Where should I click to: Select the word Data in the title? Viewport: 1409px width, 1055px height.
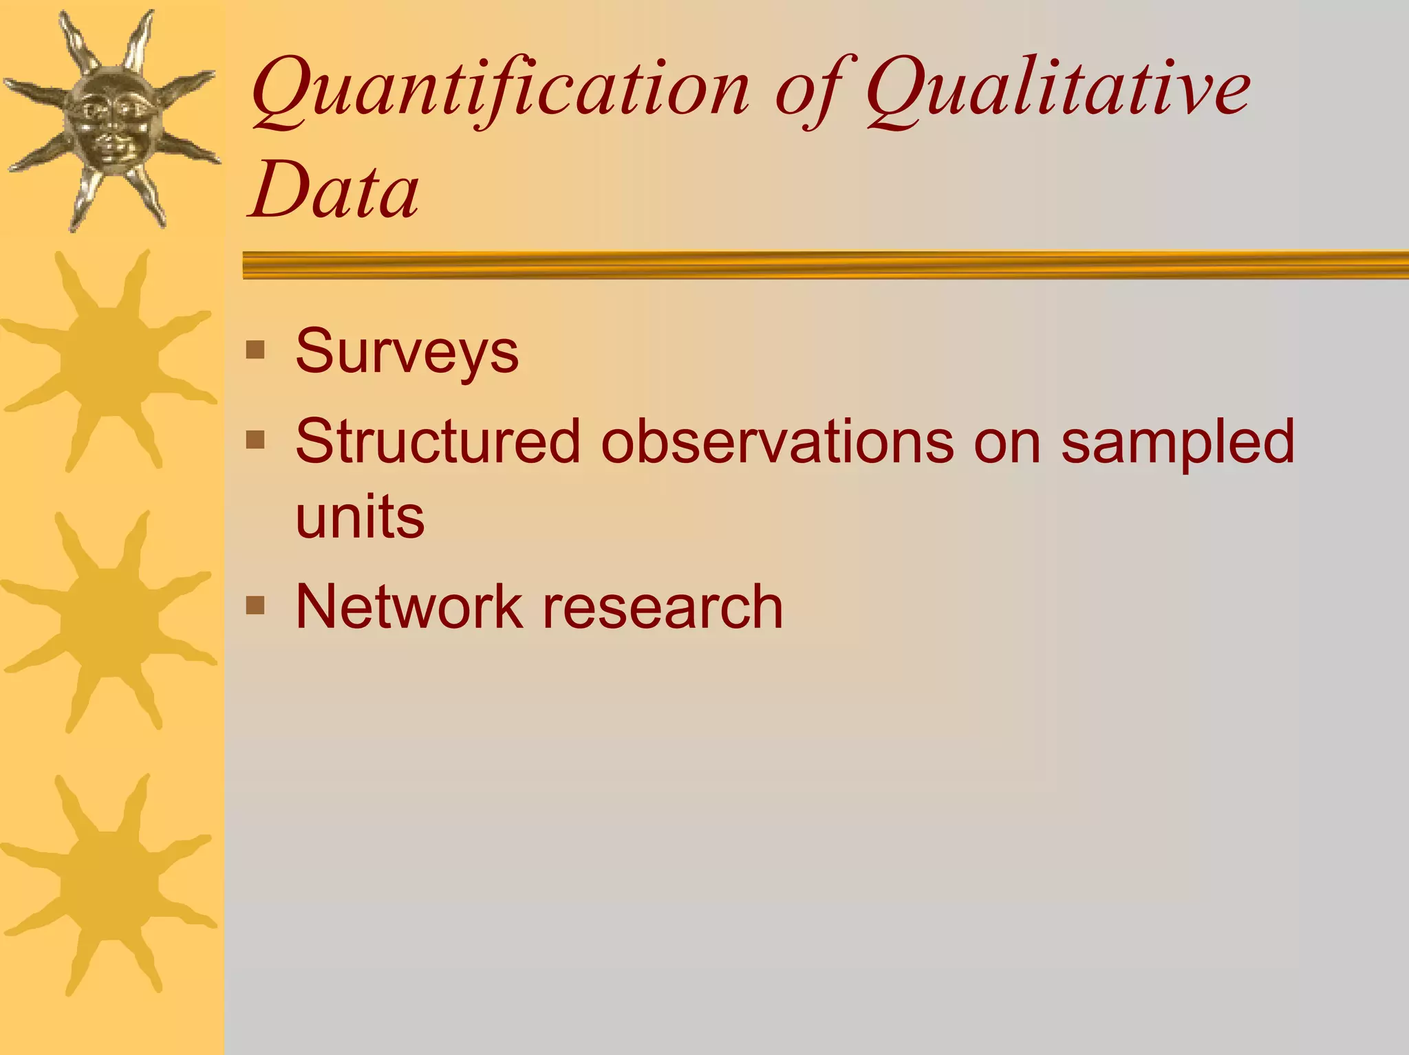[334, 188]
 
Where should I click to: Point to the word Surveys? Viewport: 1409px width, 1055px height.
[407, 351]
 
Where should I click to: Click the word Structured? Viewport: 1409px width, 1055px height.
[438, 442]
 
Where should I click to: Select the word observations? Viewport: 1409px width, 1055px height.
[777, 442]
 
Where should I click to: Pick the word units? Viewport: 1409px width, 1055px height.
[360, 516]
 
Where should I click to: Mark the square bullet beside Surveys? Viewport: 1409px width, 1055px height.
[255, 350]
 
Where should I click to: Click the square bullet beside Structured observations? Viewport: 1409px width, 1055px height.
[255, 439]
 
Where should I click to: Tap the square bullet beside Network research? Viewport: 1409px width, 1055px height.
[255, 605]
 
